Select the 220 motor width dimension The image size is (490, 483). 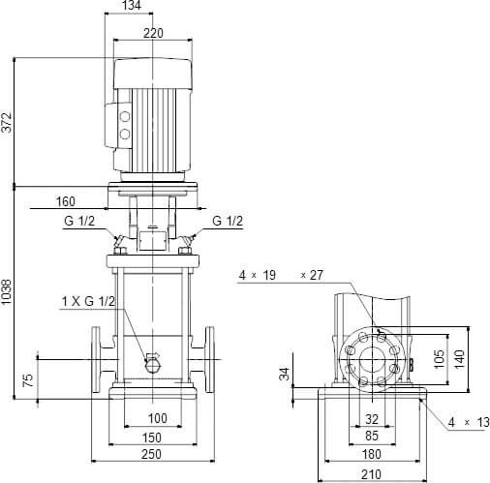tap(151, 33)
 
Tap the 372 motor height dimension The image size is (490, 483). tap(8, 121)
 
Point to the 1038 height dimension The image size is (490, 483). tap(8, 294)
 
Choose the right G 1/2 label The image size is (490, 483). tap(228, 222)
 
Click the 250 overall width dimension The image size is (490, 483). tap(150, 455)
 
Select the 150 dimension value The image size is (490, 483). tap(150, 437)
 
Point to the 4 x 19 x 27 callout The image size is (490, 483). tap(280, 276)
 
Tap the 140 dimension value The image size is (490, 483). tap(461, 358)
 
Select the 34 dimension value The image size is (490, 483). tap(285, 374)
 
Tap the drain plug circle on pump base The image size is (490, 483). tap(151, 363)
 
